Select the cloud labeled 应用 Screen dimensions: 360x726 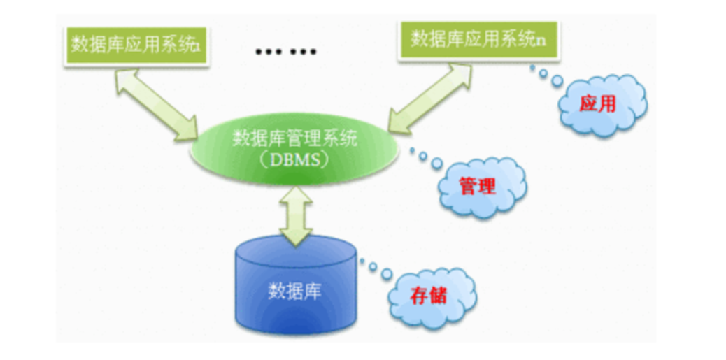pyautogui.click(x=601, y=105)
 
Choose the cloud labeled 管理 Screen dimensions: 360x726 pyautogui.click(x=480, y=185)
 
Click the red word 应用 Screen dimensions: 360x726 pyautogui.click(x=598, y=105)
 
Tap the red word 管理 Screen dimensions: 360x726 pyautogui.click(x=478, y=186)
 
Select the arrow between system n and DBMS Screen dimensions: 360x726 pyautogui.click(x=431, y=96)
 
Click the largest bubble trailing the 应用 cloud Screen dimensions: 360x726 pyautogui.click(x=557, y=82)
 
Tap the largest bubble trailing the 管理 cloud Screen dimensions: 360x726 pyautogui.click(x=436, y=163)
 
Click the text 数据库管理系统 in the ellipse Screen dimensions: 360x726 pyautogui.click(x=294, y=138)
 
